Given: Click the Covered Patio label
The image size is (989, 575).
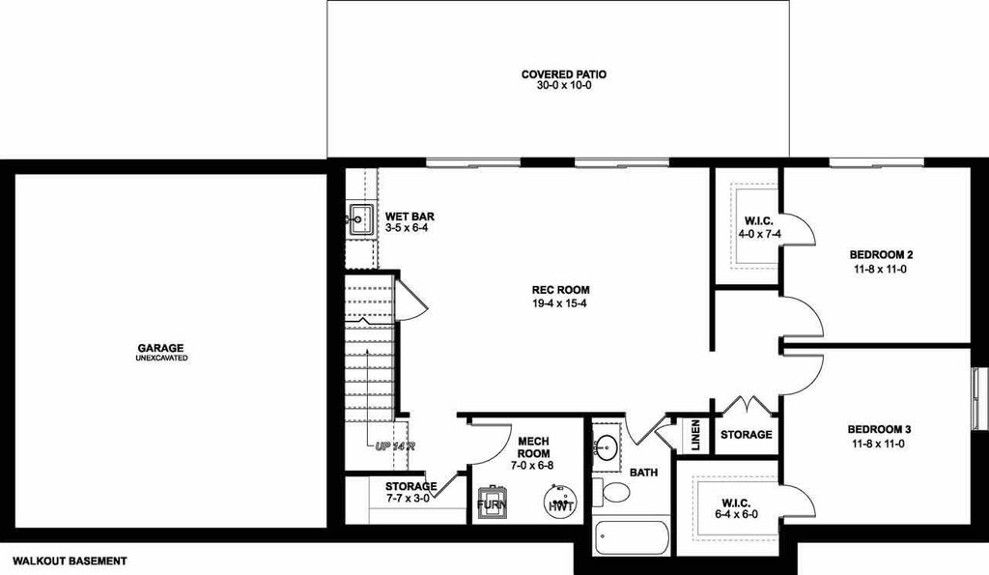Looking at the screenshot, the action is point(563,74).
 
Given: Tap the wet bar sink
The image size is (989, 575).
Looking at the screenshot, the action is point(361,219).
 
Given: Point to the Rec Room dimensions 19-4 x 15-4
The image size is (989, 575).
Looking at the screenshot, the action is point(560,303).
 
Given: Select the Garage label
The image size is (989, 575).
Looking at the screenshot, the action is point(161,348).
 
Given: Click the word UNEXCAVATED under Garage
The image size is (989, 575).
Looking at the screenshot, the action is point(161,358).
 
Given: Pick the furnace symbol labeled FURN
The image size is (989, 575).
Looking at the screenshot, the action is point(492,503).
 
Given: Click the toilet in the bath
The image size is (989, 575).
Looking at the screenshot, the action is point(611,492).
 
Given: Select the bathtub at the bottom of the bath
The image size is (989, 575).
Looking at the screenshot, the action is point(631,537).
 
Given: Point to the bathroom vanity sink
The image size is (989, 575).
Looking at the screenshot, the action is point(607,447).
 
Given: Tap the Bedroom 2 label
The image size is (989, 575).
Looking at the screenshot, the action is point(881,255).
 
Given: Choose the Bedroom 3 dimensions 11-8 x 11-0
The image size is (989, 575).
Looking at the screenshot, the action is point(879,444).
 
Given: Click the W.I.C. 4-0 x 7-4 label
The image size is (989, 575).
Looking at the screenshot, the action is point(759,227).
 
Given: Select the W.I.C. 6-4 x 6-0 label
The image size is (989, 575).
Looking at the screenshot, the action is point(736,508).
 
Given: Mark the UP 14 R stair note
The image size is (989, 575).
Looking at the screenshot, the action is point(395,446).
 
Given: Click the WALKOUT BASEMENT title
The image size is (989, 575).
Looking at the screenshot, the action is point(70,561).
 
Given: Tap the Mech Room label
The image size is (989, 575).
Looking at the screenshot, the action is point(533,447).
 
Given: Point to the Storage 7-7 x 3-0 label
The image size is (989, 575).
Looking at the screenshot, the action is point(410,492).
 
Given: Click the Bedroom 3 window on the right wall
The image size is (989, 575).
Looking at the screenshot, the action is point(981,399).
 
